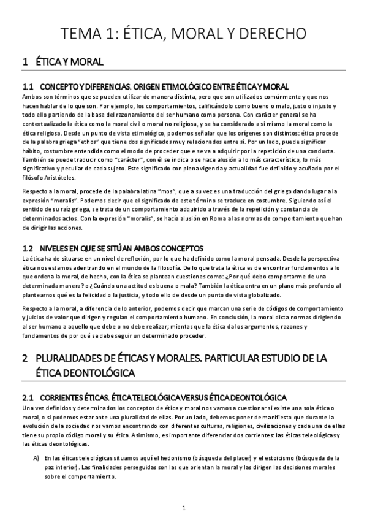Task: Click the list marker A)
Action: tap(36, 457)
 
